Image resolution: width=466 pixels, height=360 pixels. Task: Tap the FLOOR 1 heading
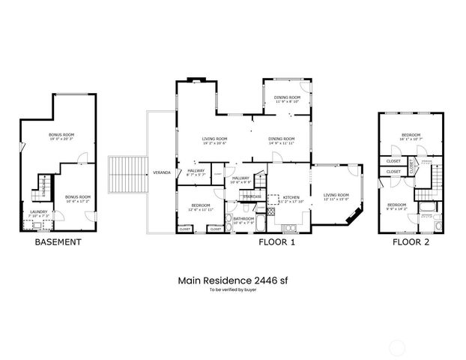(x=277, y=242)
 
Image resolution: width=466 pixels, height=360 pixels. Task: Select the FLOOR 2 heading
(x=411, y=242)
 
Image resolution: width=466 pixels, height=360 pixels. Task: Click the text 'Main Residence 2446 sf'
(x=232, y=280)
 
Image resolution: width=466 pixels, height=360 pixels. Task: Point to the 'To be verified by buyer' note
(x=232, y=289)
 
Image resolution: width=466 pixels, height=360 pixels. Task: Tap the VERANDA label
(x=162, y=172)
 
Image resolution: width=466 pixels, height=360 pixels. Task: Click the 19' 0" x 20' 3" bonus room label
(x=62, y=137)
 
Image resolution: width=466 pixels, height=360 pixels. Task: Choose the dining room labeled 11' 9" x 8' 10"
(x=287, y=100)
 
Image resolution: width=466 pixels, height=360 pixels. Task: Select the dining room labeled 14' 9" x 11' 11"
(x=282, y=140)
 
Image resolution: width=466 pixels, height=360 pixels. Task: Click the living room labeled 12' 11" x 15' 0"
(x=336, y=197)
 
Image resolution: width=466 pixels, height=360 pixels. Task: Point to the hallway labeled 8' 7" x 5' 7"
(x=196, y=172)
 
